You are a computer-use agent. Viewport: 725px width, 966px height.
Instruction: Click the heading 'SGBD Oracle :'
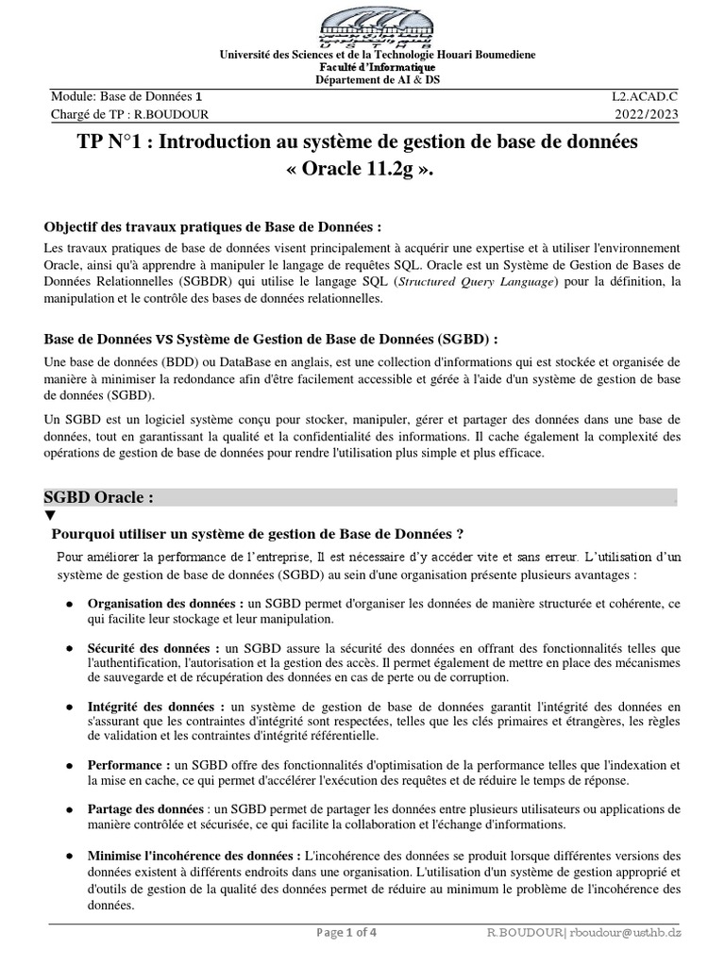pyautogui.click(x=99, y=498)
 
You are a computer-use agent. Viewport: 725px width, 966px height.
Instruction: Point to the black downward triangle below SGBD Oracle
pyautogui.click(x=50, y=515)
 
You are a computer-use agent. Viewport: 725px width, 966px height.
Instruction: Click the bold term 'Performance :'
pyautogui.click(x=129, y=765)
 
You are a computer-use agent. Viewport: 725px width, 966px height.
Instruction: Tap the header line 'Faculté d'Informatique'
pyautogui.click(x=362, y=70)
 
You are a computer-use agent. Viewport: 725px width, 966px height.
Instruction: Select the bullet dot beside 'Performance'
pyautogui.click(x=71, y=766)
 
